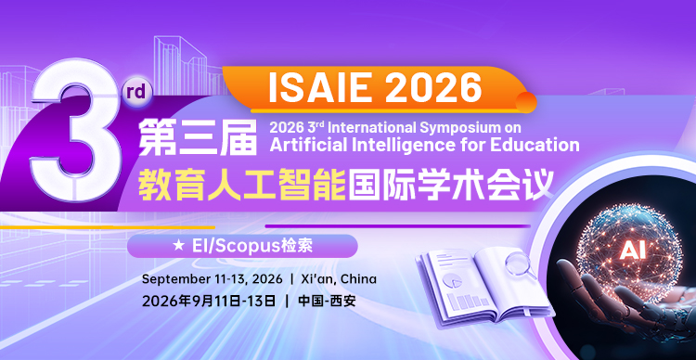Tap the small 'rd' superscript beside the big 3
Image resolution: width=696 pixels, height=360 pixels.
(135, 92)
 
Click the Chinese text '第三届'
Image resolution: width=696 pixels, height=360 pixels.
(197, 136)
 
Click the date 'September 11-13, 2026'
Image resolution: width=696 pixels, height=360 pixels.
(210, 279)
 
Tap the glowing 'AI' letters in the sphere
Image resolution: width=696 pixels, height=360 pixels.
(632, 249)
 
